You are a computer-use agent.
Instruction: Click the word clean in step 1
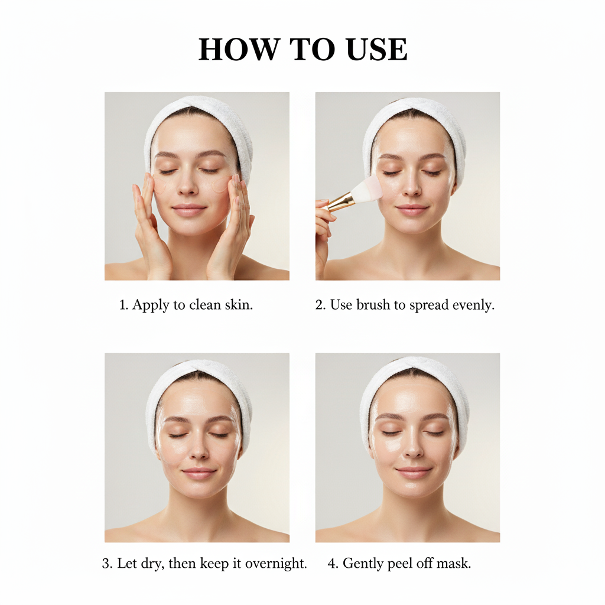coord(207,305)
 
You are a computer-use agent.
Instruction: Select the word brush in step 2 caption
coord(372,305)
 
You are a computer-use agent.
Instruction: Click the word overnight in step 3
coord(278,564)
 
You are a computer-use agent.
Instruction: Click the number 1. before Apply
coord(123,305)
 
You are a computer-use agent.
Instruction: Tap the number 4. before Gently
coord(333,564)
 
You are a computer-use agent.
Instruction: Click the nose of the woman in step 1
coord(188,187)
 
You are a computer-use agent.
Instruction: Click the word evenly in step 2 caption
coord(473,305)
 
